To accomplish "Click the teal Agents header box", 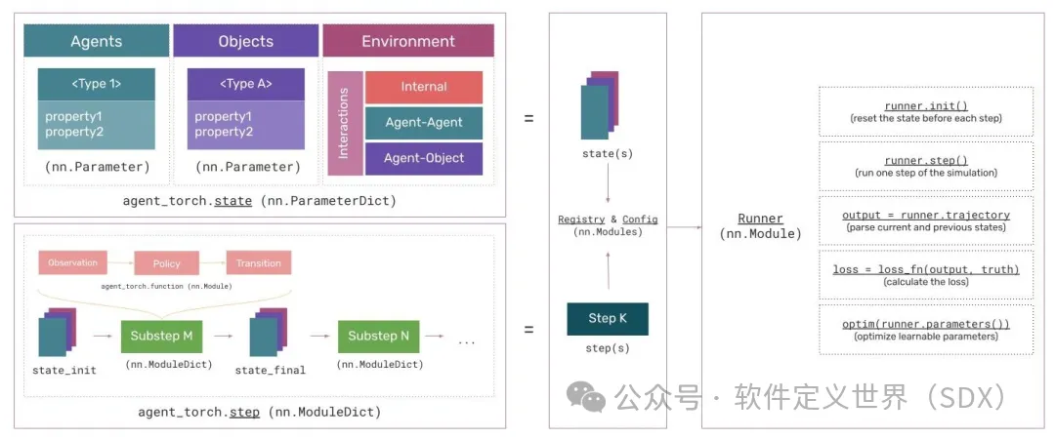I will [97, 41].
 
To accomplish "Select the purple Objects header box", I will [245, 41].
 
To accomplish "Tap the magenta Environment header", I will [408, 41].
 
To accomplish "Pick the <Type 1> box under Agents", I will [97, 84].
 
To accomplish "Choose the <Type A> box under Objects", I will [246, 84].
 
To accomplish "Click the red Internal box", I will [424, 87].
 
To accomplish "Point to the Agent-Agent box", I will [424, 123].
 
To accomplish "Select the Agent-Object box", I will [424, 158].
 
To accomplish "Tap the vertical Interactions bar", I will [345, 123].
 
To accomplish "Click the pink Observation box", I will [72, 263].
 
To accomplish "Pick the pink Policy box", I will [165, 263].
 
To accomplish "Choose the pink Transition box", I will [259, 263].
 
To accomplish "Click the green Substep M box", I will [161, 336].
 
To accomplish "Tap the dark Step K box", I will [608, 319].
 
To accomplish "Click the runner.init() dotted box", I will [925, 111].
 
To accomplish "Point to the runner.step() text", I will [925, 160].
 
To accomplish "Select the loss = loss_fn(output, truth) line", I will [925, 269].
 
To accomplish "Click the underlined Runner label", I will [760, 219].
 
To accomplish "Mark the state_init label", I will [64, 370].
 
